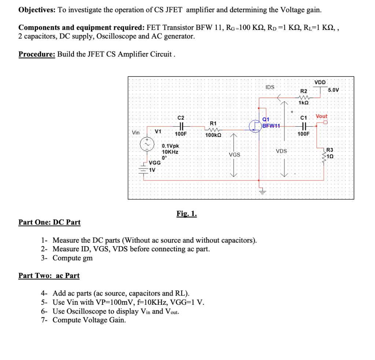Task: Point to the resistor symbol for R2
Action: (304, 97)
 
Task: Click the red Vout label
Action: (322, 116)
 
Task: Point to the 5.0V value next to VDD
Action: (334, 90)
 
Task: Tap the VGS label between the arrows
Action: (234, 155)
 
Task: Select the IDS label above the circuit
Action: (270, 87)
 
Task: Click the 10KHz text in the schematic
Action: (170, 151)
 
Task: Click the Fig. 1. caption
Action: (186, 214)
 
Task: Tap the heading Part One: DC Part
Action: (49, 222)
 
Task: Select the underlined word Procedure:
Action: (37, 55)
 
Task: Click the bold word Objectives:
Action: (37, 10)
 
